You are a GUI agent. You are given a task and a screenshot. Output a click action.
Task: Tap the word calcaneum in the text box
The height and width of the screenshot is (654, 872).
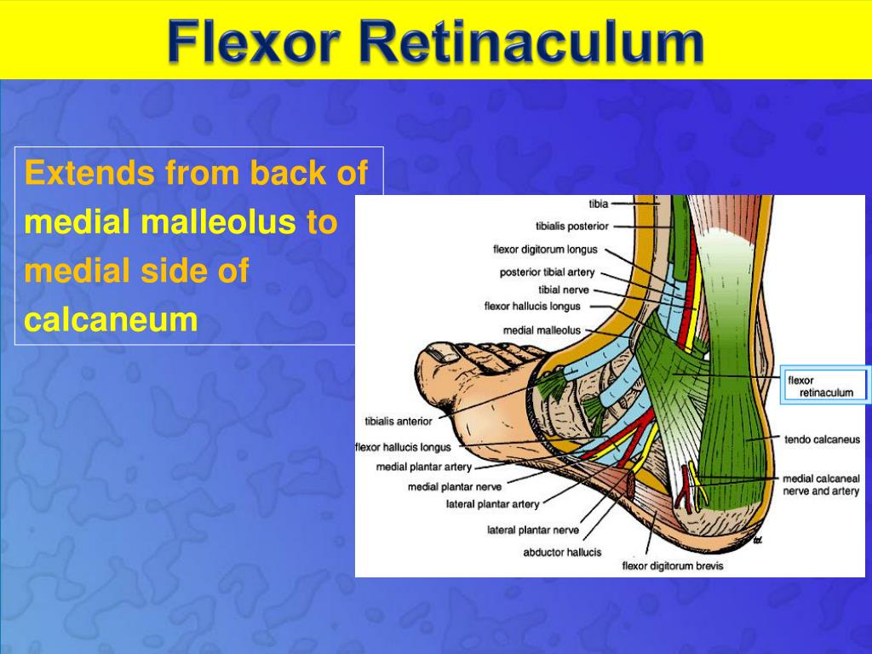(x=111, y=320)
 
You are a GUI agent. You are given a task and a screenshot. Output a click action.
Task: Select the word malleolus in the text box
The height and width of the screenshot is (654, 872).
(x=217, y=223)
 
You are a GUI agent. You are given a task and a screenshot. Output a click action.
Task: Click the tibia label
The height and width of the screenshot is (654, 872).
(x=598, y=204)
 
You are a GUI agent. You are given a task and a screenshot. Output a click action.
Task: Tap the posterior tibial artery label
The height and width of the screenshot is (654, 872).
(x=547, y=272)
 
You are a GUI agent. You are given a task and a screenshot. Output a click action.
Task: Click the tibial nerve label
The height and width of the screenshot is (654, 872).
(x=563, y=290)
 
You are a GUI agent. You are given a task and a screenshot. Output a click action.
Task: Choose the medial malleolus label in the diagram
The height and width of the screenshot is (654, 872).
(x=542, y=330)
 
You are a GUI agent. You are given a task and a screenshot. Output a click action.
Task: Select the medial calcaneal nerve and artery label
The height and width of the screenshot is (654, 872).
(x=821, y=485)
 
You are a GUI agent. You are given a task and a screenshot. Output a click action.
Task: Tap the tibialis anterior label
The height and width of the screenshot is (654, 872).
(x=398, y=421)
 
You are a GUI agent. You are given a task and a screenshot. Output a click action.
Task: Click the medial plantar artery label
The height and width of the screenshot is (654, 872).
(x=423, y=467)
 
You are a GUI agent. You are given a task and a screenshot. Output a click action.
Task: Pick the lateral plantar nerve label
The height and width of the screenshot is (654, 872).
(x=532, y=530)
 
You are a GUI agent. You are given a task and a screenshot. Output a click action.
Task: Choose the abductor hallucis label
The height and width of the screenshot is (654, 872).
(x=562, y=552)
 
